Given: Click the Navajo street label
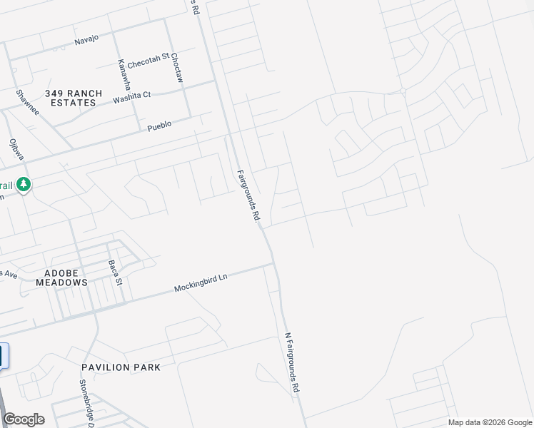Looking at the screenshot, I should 87,41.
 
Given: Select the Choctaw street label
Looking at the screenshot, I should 178,68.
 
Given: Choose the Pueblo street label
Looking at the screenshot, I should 159,126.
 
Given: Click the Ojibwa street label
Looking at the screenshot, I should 13,150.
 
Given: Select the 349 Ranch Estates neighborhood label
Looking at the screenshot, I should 74,98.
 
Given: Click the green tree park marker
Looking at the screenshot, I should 24,185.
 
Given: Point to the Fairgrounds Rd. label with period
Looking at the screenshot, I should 247,195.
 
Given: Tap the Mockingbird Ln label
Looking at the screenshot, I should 200,283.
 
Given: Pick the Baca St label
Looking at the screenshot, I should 116,272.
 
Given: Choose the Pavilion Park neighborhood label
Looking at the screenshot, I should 121,367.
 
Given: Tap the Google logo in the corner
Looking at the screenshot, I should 24,419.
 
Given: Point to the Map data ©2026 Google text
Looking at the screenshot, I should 490,422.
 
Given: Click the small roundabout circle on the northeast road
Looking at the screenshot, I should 403,91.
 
